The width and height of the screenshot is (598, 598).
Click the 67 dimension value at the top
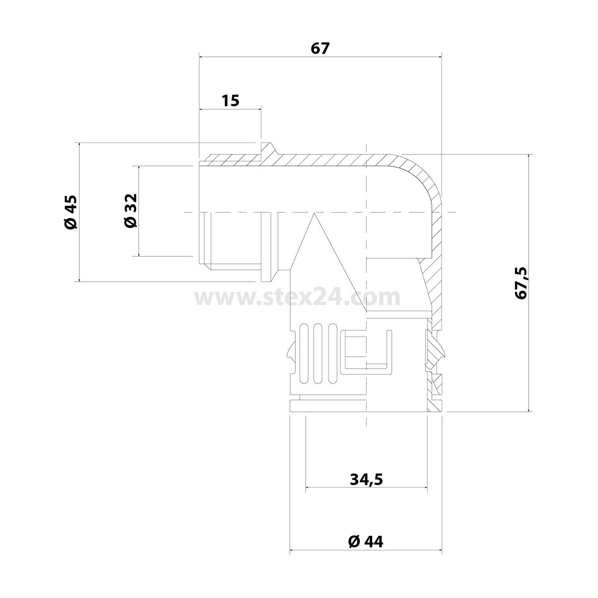[x=320, y=48]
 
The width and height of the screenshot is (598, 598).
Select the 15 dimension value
[x=230, y=100]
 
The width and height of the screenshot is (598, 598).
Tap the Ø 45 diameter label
[x=71, y=212]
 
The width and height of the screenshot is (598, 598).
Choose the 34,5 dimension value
[x=366, y=479]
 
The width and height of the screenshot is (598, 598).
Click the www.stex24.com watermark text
[x=297, y=297]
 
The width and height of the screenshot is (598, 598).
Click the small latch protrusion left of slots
[x=290, y=351]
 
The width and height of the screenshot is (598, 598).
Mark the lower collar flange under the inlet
[x=268, y=271]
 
